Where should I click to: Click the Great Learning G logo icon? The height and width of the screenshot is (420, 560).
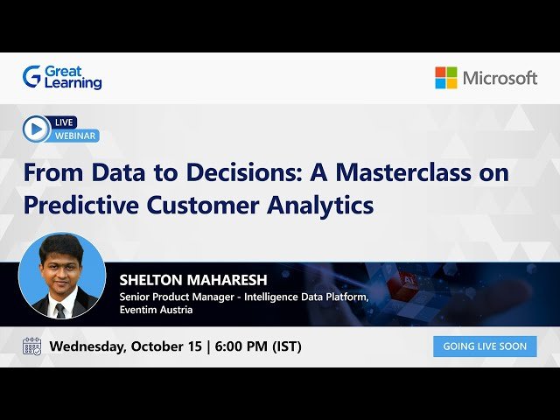coord(31,77)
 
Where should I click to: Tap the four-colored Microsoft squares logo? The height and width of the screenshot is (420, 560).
coord(445,78)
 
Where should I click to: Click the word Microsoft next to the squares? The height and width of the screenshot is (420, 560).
coord(499,78)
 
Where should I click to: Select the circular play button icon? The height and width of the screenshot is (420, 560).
coord(36,129)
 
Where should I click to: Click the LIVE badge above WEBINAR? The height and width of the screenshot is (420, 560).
coord(65,122)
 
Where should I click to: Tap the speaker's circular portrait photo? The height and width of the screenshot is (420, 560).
coord(61,276)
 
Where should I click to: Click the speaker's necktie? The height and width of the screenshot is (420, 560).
coord(59,310)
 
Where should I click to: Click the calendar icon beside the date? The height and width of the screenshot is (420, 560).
coord(31,346)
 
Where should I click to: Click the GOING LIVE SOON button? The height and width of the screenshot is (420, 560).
coord(485,346)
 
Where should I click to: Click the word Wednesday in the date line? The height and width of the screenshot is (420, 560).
coord(87,346)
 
